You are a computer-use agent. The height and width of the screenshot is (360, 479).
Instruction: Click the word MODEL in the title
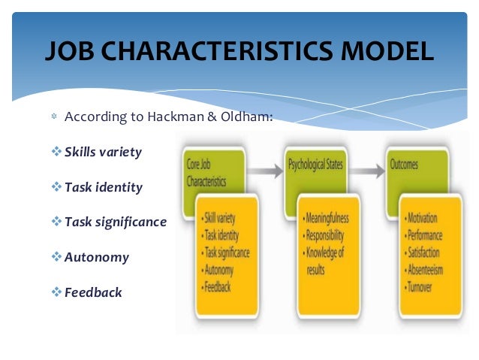(x=387, y=51)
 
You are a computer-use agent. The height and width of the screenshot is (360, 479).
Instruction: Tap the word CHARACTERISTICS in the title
(x=216, y=51)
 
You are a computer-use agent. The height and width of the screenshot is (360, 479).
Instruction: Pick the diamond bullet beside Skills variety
(x=56, y=151)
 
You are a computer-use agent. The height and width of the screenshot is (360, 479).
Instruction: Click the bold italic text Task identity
(x=104, y=187)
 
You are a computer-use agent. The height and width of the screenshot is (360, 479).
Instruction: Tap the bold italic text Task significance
(x=116, y=222)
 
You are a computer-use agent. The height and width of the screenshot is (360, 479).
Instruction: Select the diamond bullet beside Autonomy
(x=56, y=256)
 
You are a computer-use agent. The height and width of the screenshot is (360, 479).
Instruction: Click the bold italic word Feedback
(x=93, y=292)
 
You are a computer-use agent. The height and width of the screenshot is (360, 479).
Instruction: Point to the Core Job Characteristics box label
(x=206, y=173)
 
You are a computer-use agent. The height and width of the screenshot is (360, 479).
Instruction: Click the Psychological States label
(x=315, y=165)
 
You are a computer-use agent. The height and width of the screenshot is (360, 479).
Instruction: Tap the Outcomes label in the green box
(x=404, y=165)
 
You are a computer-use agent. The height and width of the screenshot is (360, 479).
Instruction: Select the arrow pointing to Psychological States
(x=265, y=171)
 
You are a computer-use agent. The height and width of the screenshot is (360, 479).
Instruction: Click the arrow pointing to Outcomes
(x=367, y=171)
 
